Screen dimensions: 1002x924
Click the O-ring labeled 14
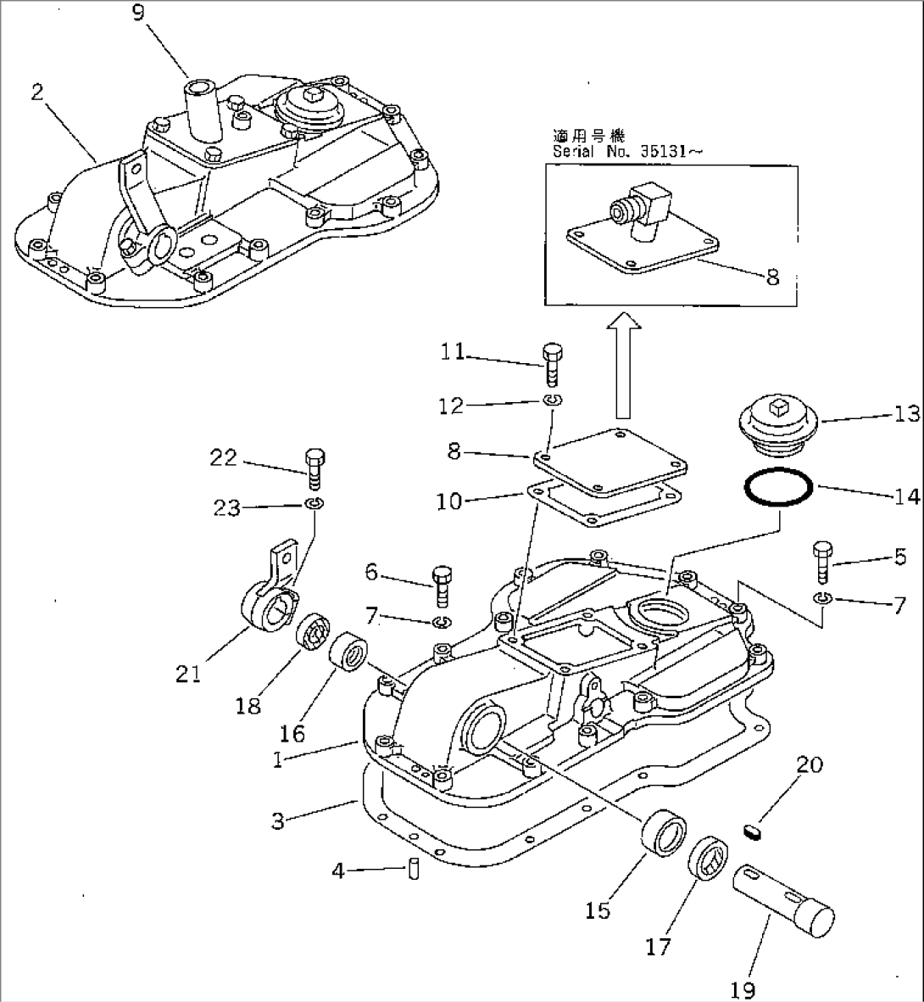[x=779, y=490]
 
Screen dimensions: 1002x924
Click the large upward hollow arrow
[x=624, y=365]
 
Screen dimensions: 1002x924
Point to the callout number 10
[x=450, y=501]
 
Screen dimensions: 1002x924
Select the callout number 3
[x=278, y=820]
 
